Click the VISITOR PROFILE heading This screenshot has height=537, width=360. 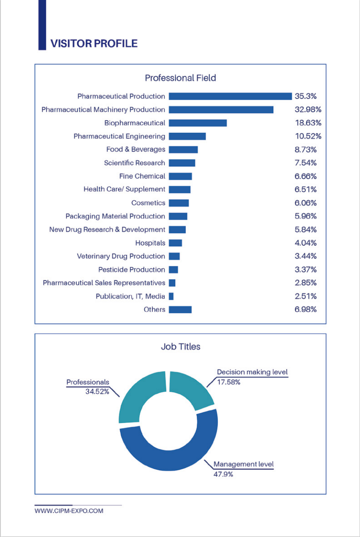94,43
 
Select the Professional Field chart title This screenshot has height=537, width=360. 180,78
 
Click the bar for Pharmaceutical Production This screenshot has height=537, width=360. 230,96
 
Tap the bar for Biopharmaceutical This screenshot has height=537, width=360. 198,123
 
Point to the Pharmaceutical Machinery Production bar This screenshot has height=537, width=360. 221,109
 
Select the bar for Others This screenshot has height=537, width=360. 180,310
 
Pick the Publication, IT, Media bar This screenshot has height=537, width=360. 171,296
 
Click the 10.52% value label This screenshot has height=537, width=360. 308,136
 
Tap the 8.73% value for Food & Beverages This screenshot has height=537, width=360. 306,149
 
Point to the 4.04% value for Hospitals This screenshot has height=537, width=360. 306,243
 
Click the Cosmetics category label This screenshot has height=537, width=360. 148,203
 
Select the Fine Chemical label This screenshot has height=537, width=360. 142,176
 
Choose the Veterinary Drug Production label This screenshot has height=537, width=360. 121,256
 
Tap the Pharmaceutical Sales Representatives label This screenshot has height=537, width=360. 104,283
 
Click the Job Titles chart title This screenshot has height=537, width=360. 180,347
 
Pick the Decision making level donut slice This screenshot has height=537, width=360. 191,389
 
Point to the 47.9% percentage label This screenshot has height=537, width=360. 223,474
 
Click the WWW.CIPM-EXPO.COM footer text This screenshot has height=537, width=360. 69,511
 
